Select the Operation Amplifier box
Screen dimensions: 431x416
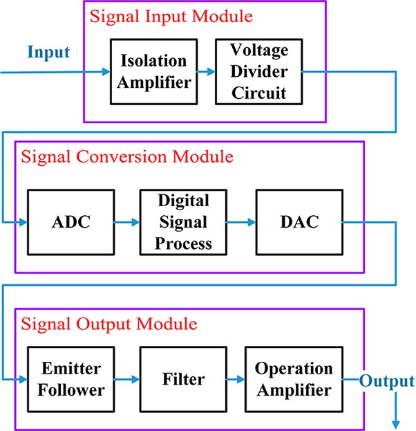click(293, 378)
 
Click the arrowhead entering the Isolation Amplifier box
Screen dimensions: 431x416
click(106, 71)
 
